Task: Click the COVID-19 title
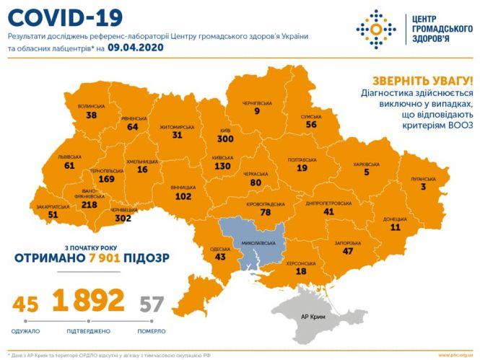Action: [57, 15]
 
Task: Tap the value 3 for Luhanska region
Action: [435, 186]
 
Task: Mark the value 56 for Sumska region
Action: [311, 124]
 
